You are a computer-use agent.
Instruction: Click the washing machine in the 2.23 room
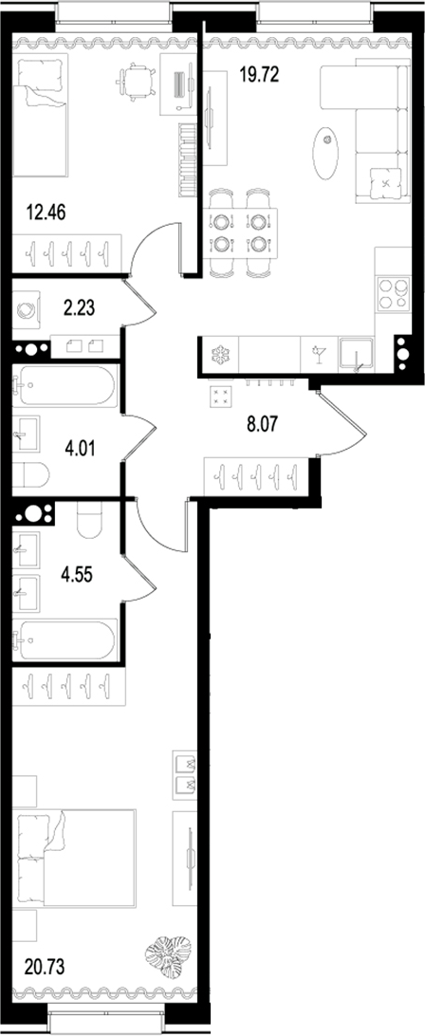point(28,307)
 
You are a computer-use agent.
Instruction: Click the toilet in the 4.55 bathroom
point(88,519)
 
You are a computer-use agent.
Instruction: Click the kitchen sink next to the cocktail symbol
point(359,355)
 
